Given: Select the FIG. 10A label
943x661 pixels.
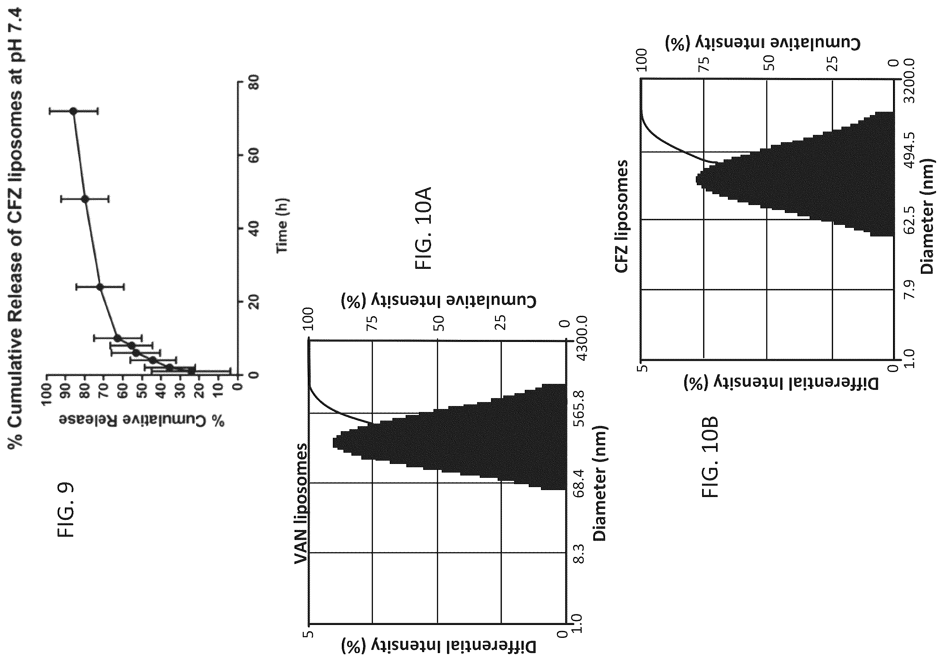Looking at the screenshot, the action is click(423, 228).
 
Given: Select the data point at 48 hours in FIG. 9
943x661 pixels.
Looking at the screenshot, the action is click(85, 199).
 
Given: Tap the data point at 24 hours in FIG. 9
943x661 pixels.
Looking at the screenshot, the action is click(100, 287).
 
